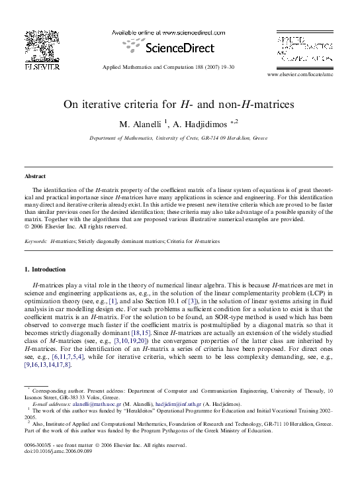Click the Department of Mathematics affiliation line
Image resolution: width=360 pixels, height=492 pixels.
tap(179, 138)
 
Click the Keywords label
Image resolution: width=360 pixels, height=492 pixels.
tap(36, 242)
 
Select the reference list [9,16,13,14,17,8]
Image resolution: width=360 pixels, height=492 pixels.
tap(46, 365)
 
